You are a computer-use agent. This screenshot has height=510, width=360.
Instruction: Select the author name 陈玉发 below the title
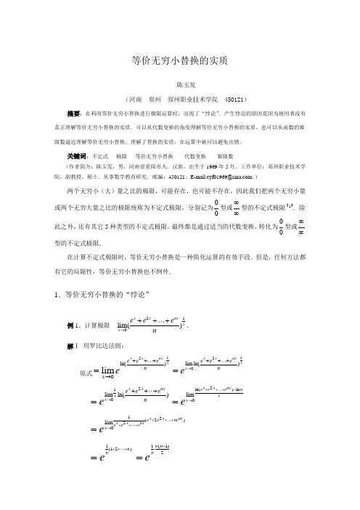coord(179,84)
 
